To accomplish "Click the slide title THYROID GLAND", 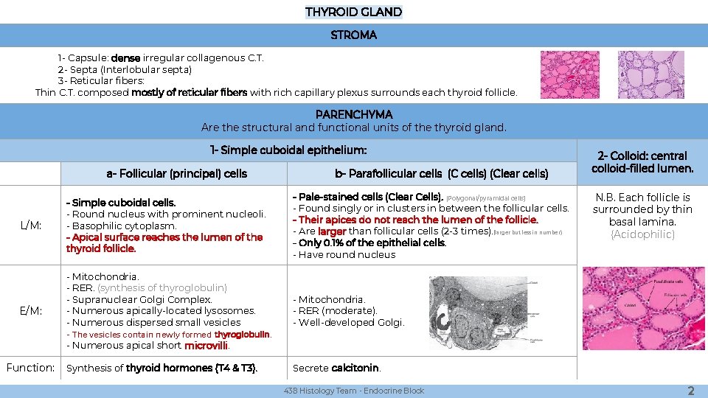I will tap(353, 12).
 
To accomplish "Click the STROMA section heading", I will tap(353, 35).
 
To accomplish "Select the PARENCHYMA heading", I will tap(353, 114).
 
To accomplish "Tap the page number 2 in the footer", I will tap(690, 391).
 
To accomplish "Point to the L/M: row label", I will tap(30, 224).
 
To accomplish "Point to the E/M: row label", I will tap(30, 310).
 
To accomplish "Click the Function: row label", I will tap(30, 367).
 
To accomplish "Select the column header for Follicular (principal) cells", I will tap(177, 174).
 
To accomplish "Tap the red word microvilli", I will tap(206, 346).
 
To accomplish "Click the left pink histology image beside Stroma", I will tap(569, 74).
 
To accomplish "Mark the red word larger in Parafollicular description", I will tap(332, 231).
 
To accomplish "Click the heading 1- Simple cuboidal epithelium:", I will tap(288, 150).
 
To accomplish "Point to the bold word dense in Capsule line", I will tap(126, 57).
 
